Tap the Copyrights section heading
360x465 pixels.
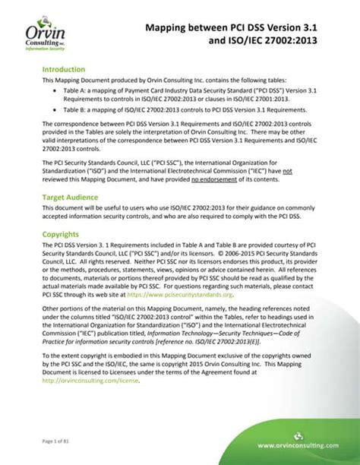point(64,234)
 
